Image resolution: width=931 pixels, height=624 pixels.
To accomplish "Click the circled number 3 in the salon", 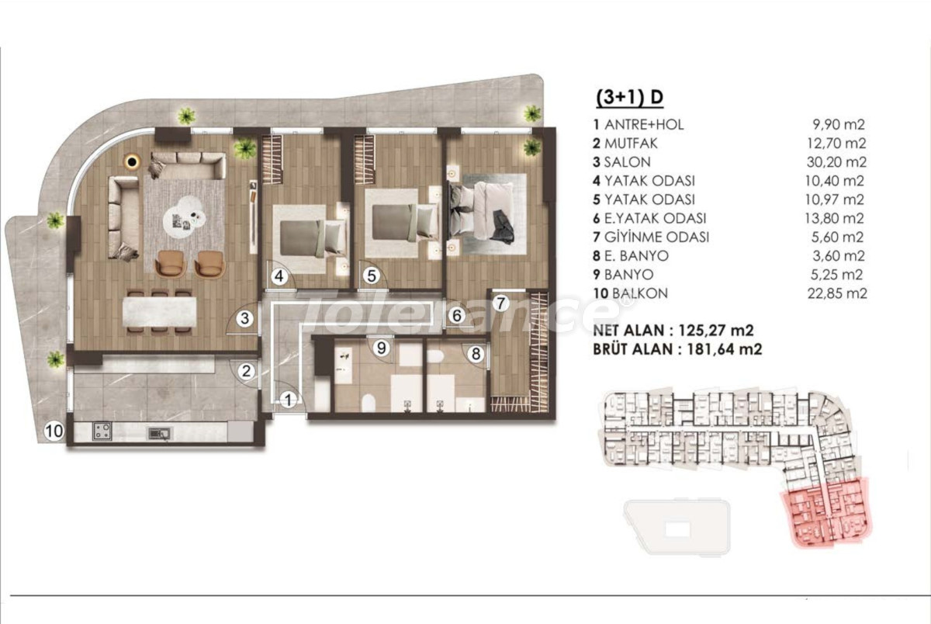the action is pyautogui.click(x=245, y=318).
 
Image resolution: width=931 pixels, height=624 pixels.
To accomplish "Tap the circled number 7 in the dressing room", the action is pyautogui.click(x=501, y=303).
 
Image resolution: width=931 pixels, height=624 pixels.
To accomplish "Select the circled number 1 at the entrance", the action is pyautogui.click(x=288, y=400).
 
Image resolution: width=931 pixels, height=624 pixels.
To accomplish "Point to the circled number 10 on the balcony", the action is pyautogui.click(x=54, y=431).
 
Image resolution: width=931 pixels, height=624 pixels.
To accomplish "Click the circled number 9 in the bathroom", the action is pyautogui.click(x=382, y=348).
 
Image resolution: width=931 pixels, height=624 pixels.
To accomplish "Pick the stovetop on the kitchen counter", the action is pyautogui.click(x=102, y=431).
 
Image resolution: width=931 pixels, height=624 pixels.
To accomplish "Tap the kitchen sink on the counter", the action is pyautogui.click(x=159, y=434).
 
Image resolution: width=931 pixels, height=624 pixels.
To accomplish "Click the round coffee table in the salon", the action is pyautogui.click(x=184, y=217).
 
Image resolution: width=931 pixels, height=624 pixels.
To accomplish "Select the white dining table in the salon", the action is pyautogui.click(x=160, y=312).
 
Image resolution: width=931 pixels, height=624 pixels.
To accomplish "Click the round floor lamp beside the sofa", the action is pyautogui.click(x=133, y=161).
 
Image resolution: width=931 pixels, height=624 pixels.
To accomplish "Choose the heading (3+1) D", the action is pyautogui.click(x=629, y=97).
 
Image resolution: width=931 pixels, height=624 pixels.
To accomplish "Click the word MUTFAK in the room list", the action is pyautogui.click(x=631, y=144).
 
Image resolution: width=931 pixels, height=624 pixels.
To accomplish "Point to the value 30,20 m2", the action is pyautogui.click(x=836, y=162).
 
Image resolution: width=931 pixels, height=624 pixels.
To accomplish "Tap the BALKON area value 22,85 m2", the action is pyautogui.click(x=837, y=293).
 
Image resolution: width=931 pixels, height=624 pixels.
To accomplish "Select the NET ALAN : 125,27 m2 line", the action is pyautogui.click(x=673, y=331).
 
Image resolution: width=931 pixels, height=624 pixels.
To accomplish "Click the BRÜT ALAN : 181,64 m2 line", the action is pyautogui.click(x=677, y=349).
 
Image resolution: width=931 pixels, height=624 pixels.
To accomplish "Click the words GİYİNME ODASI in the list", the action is pyautogui.click(x=656, y=237).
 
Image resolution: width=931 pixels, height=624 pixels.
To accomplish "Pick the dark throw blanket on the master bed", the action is pyautogui.click(x=503, y=225).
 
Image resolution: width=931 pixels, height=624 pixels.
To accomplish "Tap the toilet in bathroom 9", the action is pyautogui.click(x=369, y=403).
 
